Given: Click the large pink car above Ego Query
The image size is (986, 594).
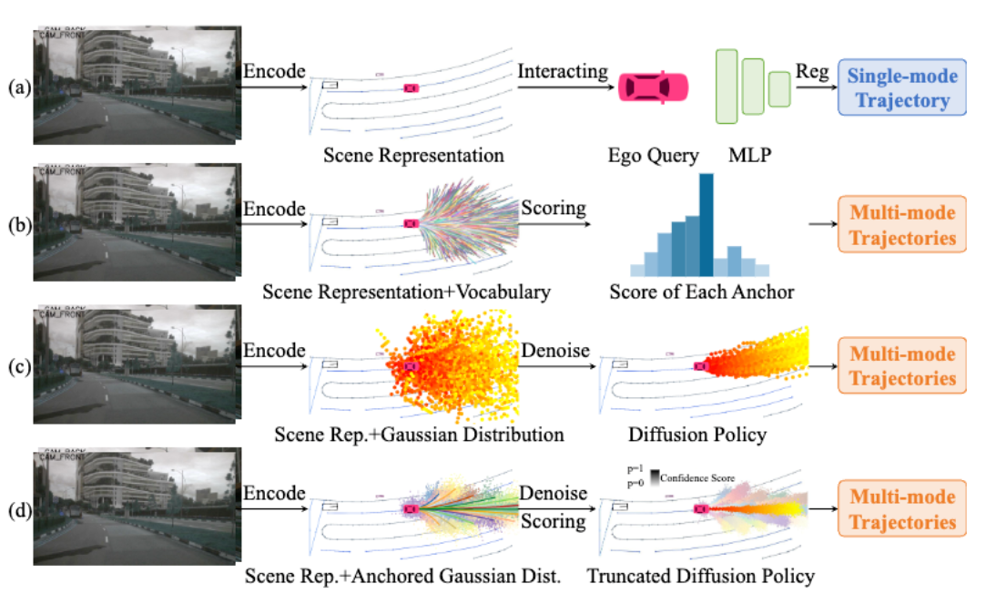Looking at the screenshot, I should pyautogui.click(x=654, y=87).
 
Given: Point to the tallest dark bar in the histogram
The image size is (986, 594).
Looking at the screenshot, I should pyautogui.click(x=706, y=225).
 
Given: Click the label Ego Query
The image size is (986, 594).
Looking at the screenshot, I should pyautogui.click(x=653, y=155).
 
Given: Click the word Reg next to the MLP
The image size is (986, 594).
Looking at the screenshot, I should pyautogui.click(x=812, y=71).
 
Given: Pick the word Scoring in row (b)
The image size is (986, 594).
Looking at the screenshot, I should pyautogui.click(x=554, y=209).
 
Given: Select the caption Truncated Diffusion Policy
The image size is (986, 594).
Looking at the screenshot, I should pyautogui.click(x=701, y=576).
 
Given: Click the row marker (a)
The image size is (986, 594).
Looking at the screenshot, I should pyautogui.click(x=17, y=88).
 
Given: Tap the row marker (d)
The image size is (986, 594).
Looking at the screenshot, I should pyautogui.click(x=17, y=510).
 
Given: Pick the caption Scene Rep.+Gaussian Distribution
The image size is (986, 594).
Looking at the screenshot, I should pyautogui.click(x=419, y=435).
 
